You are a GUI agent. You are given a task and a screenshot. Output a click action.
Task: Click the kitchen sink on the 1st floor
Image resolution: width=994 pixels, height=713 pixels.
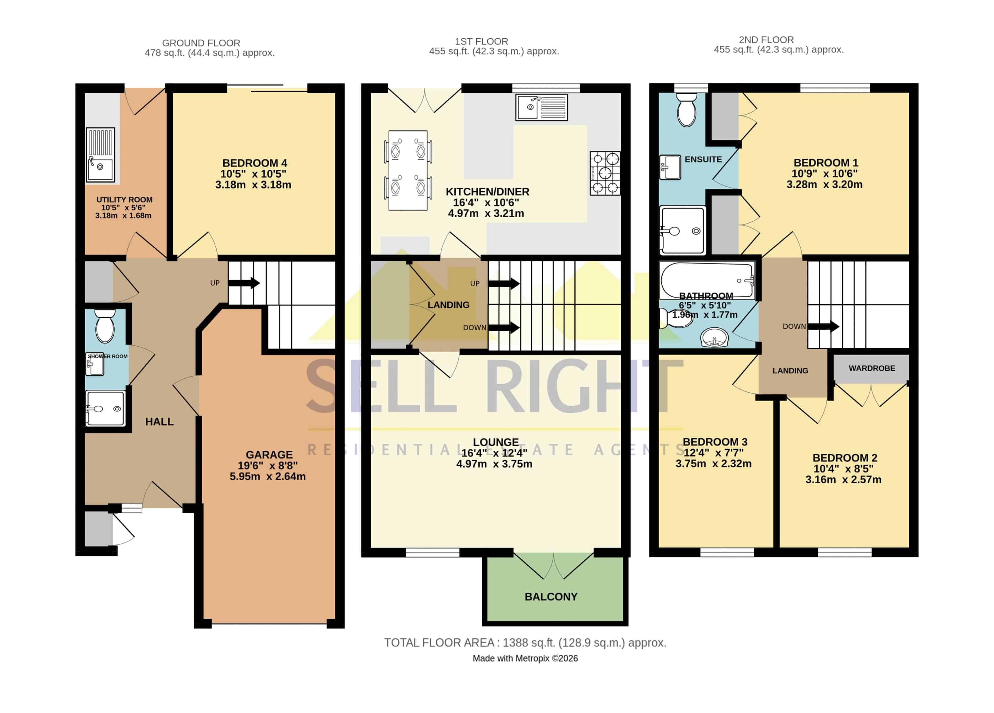click(542, 107)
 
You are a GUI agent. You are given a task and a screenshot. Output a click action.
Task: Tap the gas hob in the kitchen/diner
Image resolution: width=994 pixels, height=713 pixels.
click(605, 173)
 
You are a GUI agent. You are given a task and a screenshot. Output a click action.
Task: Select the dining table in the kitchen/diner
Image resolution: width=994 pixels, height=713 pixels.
click(408, 170)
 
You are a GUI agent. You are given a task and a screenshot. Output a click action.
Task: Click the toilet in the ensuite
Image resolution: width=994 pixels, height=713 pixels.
click(686, 109)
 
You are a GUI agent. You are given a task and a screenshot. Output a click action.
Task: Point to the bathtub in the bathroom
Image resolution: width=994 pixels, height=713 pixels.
click(707, 280)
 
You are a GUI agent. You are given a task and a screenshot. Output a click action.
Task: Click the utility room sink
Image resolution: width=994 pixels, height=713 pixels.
click(100, 155)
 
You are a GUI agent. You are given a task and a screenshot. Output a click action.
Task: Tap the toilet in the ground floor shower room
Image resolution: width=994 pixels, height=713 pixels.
click(105, 326)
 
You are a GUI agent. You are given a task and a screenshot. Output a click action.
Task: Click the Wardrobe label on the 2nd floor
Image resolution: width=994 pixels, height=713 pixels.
click(872, 368)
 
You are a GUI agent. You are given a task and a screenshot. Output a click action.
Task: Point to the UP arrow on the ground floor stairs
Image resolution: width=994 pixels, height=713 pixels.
click(244, 283)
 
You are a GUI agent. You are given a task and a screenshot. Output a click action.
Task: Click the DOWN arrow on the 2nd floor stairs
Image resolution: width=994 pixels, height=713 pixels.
click(824, 326)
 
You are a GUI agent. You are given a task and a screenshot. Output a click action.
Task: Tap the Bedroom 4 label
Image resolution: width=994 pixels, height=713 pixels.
click(255, 163)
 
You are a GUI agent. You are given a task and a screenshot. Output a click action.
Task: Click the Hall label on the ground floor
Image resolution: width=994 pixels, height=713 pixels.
click(159, 422)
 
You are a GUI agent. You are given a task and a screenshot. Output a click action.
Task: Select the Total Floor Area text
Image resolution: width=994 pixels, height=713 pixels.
click(525, 643)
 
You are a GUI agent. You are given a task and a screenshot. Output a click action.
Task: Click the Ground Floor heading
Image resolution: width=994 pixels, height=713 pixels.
click(201, 43)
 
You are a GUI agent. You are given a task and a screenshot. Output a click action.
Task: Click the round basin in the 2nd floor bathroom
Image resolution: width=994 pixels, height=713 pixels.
click(714, 338)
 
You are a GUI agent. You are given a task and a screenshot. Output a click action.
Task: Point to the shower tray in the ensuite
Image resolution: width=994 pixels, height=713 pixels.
click(683, 230)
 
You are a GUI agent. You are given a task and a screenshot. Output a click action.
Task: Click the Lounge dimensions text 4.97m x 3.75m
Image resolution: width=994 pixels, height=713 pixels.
click(494, 464)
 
